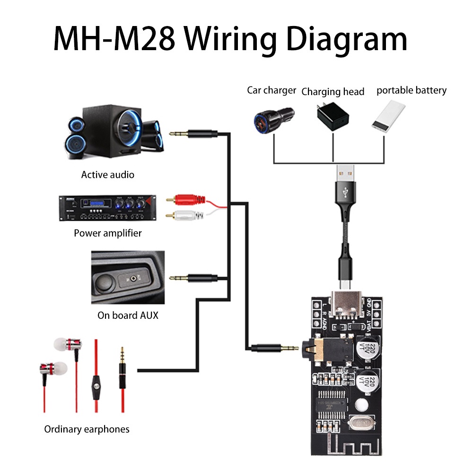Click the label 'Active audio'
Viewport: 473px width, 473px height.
(108, 175)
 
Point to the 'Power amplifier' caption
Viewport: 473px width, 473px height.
(108, 233)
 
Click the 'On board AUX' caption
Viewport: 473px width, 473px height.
(128, 315)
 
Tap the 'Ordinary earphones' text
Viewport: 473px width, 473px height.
(87, 429)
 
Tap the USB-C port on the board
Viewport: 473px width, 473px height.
(348, 305)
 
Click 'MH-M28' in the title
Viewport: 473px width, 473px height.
(114, 40)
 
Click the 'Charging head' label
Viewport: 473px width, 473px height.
(333, 92)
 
